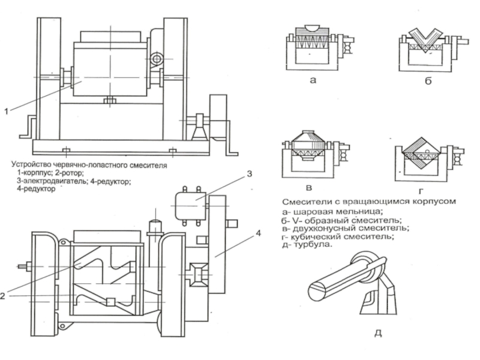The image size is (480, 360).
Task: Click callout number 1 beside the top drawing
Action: pyautogui.click(x=6, y=111)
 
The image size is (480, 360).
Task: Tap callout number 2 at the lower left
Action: pyautogui.click(x=3, y=296)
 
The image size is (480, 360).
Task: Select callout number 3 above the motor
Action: pyautogui.click(x=250, y=174)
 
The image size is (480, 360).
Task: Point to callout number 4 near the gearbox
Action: pyautogui.click(x=259, y=233)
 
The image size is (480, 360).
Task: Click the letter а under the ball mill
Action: pyautogui.click(x=313, y=80)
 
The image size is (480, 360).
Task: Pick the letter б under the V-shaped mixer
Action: pyautogui.click(x=428, y=80)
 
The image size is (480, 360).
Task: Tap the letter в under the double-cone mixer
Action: pyautogui.click(x=309, y=188)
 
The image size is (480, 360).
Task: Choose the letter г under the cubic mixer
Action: pyautogui.click(x=421, y=191)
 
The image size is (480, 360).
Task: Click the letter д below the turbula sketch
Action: pyautogui.click(x=379, y=333)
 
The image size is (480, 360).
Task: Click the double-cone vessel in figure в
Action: pyautogui.click(x=308, y=145)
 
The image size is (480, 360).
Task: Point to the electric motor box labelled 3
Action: pyautogui.click(x=190, y=206)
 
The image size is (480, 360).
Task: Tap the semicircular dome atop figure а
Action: pyautogui.click(x=313, y=28)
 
